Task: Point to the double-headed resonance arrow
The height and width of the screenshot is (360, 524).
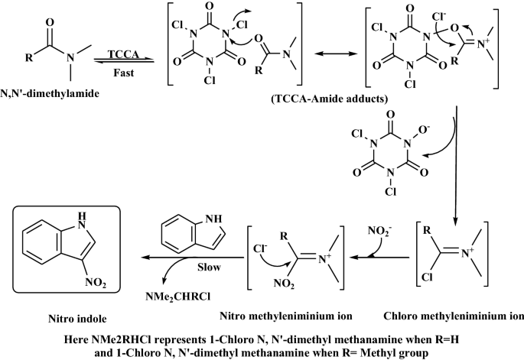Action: click(338, 57)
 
